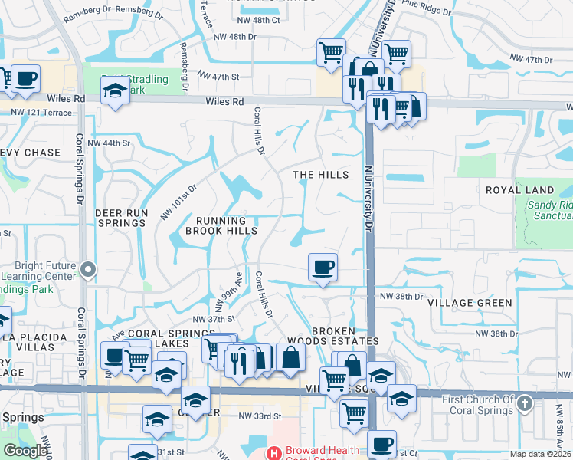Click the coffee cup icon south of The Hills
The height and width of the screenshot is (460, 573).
pyautogui.click(x=323, y=267)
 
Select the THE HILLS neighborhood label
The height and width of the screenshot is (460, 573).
pyautogui.click(x=321, y=175)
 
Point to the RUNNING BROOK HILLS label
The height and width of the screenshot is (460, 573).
pyautogui.click(x=220, y=224)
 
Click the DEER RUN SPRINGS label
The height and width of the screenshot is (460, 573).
pyautogui.click(x=120, y=217)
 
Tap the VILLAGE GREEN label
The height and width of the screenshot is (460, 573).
pyautogui.click(x=470, y=303)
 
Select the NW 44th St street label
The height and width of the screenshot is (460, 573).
pyautogui.click(x=103, y=143)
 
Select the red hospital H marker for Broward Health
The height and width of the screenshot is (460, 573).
pyautogui.click(x=273, y=452)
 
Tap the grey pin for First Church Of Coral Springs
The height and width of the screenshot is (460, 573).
pyautogui.click(x=525, y=402)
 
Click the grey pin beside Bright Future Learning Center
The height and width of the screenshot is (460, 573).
pyautogui.click(x=88, y=269)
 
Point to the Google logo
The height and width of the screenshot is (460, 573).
pyautogui.click(x=25, y=451)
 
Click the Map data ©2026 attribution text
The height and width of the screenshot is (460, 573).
pyautogui.click(x=540, y=454)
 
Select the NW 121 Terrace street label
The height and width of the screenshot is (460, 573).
pyautogui.click(x=41, y=113)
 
